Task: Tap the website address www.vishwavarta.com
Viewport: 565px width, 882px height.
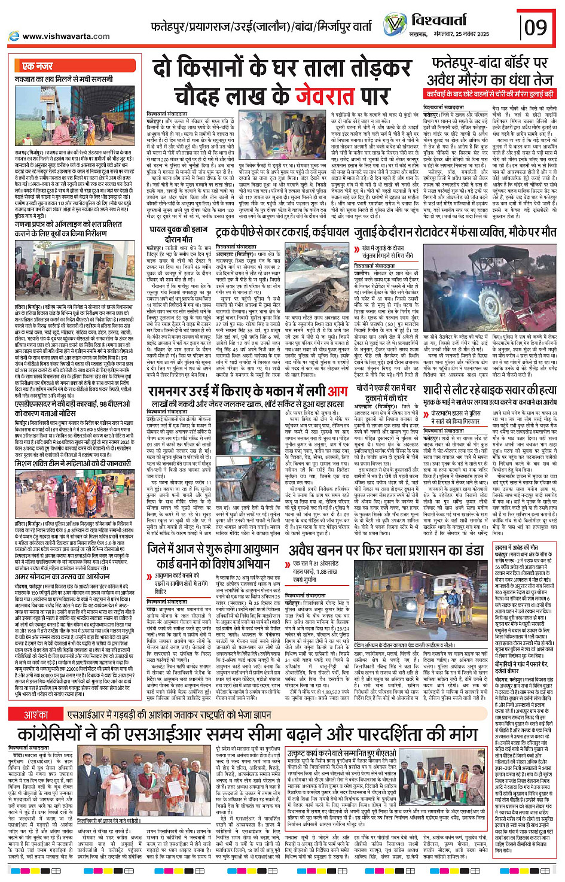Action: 66,37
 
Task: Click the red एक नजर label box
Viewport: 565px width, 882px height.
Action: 37,66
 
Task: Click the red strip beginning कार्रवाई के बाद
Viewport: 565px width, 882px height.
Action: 490,94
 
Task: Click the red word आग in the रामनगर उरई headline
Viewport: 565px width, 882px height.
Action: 337,392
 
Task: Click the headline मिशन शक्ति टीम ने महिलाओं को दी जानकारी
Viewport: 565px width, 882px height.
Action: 72,463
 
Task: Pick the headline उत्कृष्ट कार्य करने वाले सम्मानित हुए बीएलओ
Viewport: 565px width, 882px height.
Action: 341,753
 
